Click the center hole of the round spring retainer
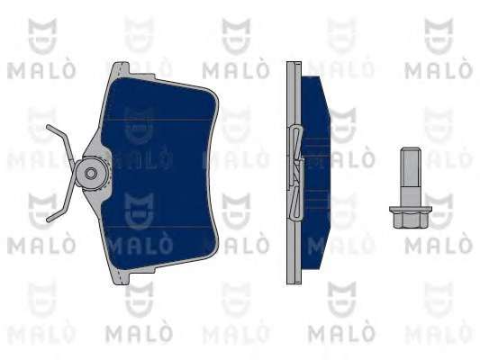[x=91, y=174]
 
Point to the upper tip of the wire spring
[x=48, y=126]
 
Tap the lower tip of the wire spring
[x=48, y=220]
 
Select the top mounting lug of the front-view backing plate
[x=121, y=68]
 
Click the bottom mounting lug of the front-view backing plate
[x=121, y=278]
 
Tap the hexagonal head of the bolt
[x=410, y=220]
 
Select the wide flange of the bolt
[x=410, y=209]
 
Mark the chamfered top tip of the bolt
[x=411, y=149]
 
